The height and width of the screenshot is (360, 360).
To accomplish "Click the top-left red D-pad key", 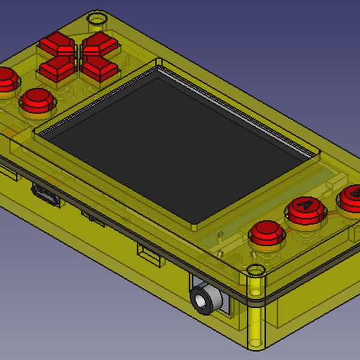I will click(x=56, y=44).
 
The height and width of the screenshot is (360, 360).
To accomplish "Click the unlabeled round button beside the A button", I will click(x=265, y=233).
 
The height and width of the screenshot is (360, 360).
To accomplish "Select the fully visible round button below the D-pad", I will click(x=38, y=100).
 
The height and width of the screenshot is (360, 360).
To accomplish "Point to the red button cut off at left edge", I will click(x=5, y=80).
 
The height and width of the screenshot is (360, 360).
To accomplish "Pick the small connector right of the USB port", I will click(x=94, y=217).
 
